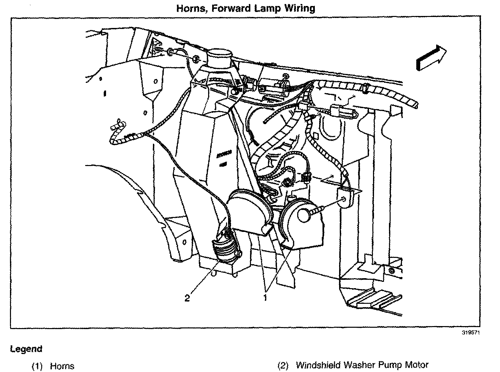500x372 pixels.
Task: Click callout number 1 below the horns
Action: pyautogui.click(x=265, y=298)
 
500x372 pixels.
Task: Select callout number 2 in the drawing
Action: pyautogui.click(x=187, y=298)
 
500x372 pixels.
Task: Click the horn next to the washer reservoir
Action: pyautogui.click(x=248, y=208)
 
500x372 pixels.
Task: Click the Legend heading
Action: pyautogui.click(x=26, y=349)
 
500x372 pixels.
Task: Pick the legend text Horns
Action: pyautogui.click(x=62, y=366)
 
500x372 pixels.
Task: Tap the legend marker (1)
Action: pyautogui.click(x=37, y=366)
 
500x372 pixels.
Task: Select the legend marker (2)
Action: pyautogui.click(x=283, y=365)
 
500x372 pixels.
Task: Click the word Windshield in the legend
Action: pyautogui.click(x=318, y=365)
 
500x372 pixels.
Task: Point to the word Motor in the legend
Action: pyautogui.click(x=416, y=365)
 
